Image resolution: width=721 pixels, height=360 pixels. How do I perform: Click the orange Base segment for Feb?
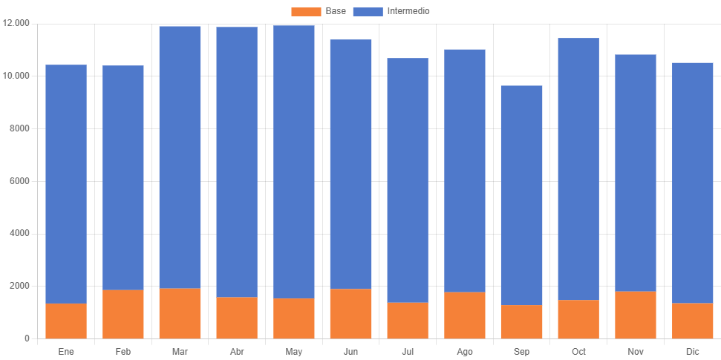(123, 314)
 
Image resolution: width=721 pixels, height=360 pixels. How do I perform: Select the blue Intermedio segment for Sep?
(521, 195)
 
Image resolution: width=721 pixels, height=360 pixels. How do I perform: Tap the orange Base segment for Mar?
(180, 313)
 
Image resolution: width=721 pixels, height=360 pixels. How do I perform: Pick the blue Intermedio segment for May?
(294, 162)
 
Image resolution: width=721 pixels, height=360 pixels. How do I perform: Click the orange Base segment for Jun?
(350, 313)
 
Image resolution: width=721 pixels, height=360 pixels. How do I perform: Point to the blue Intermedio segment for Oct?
(578, 168)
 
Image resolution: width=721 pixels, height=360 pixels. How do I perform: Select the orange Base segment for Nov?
(636, 315)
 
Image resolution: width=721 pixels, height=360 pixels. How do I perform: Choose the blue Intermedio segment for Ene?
(66, 184)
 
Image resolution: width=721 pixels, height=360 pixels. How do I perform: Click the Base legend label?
(336, 11)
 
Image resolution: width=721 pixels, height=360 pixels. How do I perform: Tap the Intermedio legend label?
(408, 11)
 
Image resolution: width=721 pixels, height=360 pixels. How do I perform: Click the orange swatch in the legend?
(306, 11)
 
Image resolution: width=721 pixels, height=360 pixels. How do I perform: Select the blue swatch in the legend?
(368, 11)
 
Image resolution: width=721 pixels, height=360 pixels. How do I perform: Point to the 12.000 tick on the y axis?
(16, 23)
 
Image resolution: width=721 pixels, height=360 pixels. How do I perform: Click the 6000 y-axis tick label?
(20, 181)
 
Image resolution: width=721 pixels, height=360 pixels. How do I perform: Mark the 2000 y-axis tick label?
(20, 286)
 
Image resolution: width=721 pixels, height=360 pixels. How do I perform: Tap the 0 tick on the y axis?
(27, 338)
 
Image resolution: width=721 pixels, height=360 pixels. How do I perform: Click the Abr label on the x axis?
(237, 351)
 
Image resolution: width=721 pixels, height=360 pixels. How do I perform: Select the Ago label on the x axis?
(465, 351)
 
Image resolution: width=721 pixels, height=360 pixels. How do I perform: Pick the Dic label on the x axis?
(693, 351)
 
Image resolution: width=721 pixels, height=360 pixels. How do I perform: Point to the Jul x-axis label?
(408, 351)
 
